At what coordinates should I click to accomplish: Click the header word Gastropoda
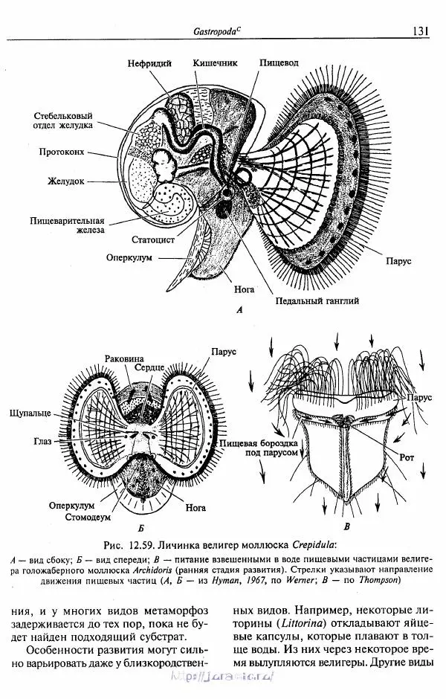click(x=216, y=30)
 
